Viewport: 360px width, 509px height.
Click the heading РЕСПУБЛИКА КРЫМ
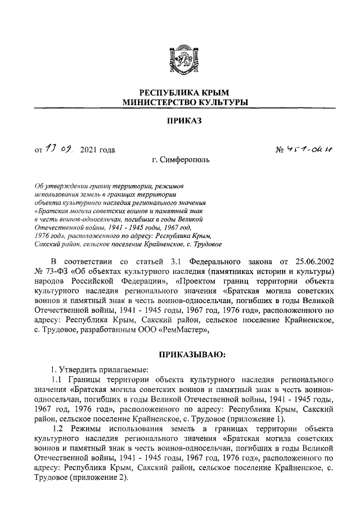tap(180, 92)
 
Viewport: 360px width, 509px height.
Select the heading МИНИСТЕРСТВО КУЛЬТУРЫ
tap(180, 102)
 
